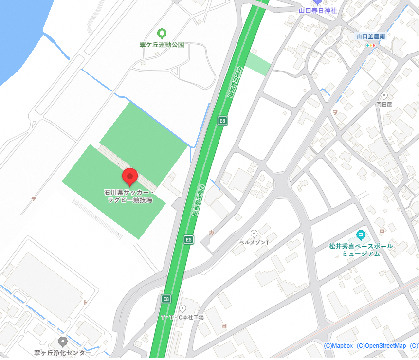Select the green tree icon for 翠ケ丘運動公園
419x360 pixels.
click(x=162, y=34)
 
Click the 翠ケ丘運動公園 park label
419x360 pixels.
click(x=162, y=45)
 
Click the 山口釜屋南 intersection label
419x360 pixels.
click(x=371, y=36)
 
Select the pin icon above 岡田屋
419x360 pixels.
click(x=384, y=95)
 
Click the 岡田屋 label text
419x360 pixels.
click(x=384, y=104)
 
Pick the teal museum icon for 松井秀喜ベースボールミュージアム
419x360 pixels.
click(x=361, y=236)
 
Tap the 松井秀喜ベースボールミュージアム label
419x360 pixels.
click(x=361, y=250)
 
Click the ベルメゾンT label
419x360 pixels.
click(x=255, y=242)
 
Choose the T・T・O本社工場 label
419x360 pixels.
click(x=182, y=317)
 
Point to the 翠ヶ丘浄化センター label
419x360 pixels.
click(x=62, y=352)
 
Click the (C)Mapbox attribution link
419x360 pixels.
click(x=338, y=346)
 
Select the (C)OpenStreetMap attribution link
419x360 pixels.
click(x=381, y=346)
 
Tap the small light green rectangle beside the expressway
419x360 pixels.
click(x=257, y=64)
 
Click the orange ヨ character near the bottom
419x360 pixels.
click(x=224, y=326)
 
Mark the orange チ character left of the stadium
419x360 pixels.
click(x=34, y=198)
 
